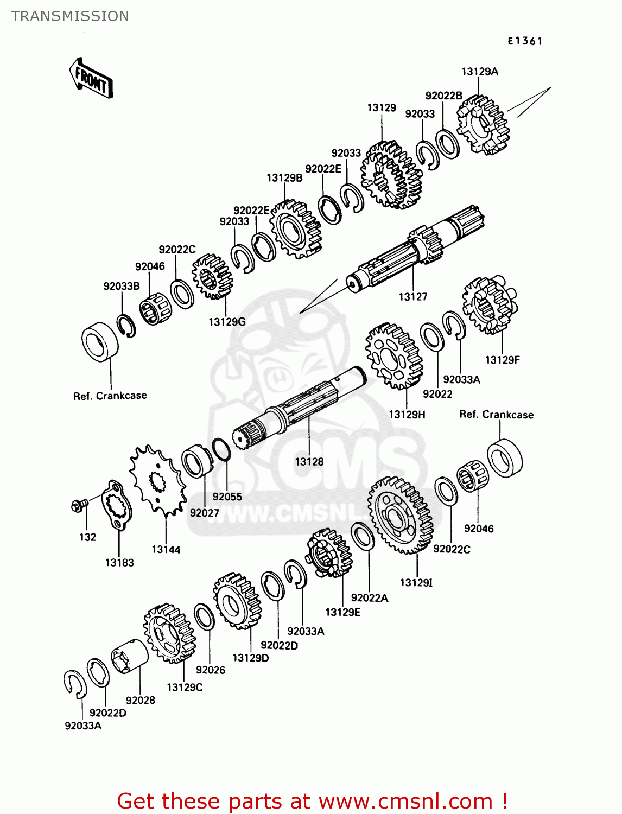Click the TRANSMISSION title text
point(70,16)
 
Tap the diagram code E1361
point(525,41)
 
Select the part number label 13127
point(412,297)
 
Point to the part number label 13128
point(309,462)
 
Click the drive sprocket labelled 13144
point(157,480)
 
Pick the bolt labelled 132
point(78,506)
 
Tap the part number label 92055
point(227,497)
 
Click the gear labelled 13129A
point(483,125)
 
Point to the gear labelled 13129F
point(490,305)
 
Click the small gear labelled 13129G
point(212,276)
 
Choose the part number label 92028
point(140,700)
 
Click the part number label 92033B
point(122,286)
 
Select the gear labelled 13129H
point(393,356)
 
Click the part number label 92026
point(210,670)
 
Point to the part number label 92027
point(204,513)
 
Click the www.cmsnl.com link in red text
point(405,802)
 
